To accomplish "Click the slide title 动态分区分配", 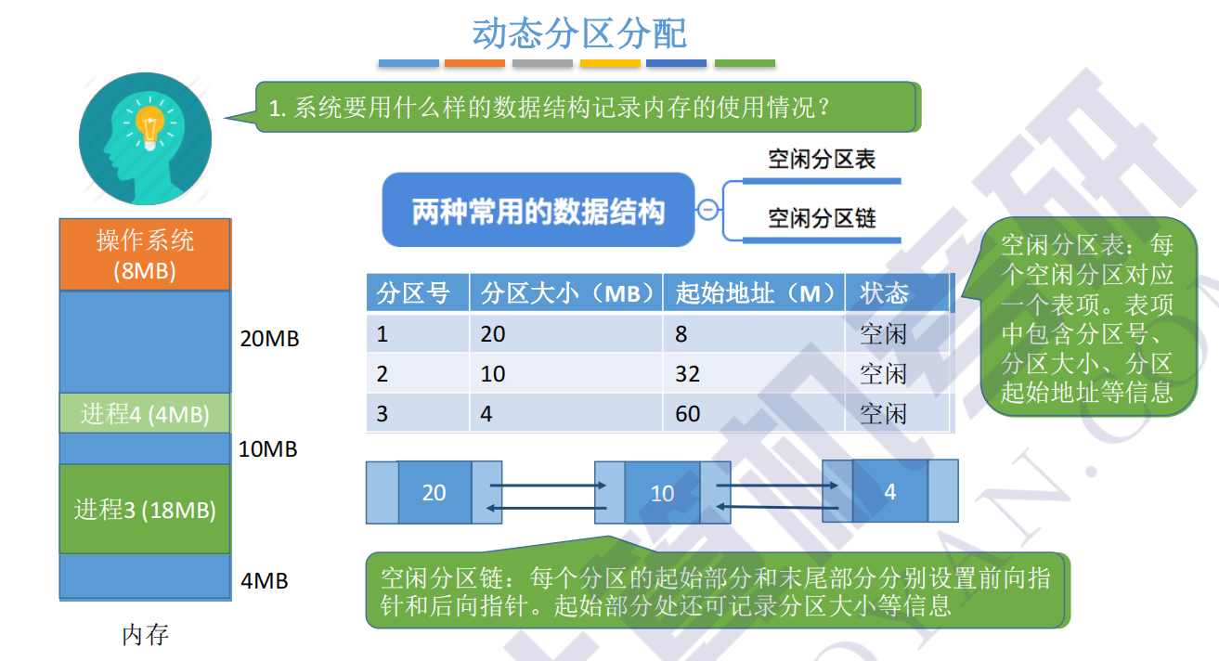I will point(579,33).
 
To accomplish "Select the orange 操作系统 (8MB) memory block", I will point(145,255).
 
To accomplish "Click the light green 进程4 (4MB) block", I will point(145,414).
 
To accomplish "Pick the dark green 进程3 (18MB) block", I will point(145,510).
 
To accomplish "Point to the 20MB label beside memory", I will point(269,339).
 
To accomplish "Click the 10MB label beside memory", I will point(268,449).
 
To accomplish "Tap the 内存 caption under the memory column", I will point(146,635).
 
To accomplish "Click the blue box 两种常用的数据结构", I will point(538,211).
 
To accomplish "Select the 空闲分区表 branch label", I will point(822,160).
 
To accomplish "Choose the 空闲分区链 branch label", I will point(822,219).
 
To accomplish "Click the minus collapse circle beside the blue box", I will point(707,210).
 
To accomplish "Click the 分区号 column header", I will point(414,294).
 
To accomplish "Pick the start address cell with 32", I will point(688,374).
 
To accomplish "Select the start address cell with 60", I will point(688,413).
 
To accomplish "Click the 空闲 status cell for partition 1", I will point(883,334).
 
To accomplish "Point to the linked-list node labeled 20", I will point(434,492).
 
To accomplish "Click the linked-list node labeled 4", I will point(889,491).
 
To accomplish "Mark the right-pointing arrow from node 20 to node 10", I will point(541,485).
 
